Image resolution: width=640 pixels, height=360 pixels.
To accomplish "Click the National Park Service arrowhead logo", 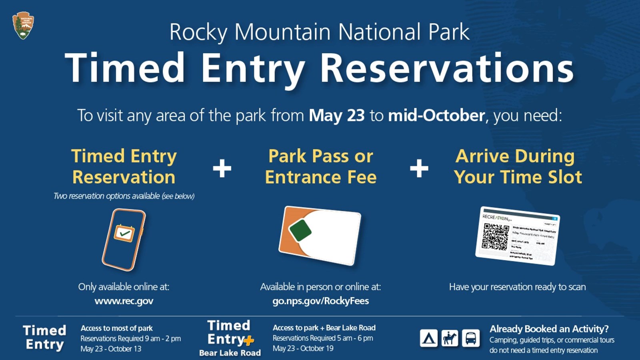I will (x=23, y=26).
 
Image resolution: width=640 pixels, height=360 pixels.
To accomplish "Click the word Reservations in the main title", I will (x=447, y=68).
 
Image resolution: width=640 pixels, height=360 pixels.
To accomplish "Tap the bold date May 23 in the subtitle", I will (x=336, y=116).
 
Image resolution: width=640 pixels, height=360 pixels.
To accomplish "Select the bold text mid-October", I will (x=436, y=116).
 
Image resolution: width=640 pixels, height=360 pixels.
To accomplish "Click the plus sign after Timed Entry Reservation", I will (x=222, y=168).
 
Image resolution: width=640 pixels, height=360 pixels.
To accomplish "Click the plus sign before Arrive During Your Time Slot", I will (x=419, y=168).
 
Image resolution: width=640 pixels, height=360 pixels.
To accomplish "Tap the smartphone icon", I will (x=124, y=239).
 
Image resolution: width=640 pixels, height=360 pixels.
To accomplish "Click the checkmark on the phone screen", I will (x=124, y=233).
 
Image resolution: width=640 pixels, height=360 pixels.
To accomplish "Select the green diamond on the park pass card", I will (x=300, y=230).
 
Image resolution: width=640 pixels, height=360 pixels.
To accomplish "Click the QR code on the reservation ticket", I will (x=495, y=236).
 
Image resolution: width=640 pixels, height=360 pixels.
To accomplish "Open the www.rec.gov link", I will (x=124, y=301).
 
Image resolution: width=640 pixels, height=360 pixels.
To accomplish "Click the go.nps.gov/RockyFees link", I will (x=320, y=301).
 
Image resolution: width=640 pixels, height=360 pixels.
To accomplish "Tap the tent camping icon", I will (x=428, y=338).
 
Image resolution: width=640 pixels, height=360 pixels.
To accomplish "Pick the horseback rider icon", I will (x=450, y=338).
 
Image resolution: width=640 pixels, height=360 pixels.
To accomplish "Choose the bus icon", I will (x=471, y=338).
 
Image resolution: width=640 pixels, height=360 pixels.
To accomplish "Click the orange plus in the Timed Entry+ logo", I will (x=249, y=341).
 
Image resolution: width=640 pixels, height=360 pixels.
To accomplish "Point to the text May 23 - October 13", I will (x=111, y=349).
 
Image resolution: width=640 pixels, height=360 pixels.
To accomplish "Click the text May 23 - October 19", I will (x=303, y=348).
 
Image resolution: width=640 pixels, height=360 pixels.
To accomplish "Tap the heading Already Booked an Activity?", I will (x=549, y=329).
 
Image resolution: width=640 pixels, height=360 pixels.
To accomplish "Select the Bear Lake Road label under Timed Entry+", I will (x=230, y=353).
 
